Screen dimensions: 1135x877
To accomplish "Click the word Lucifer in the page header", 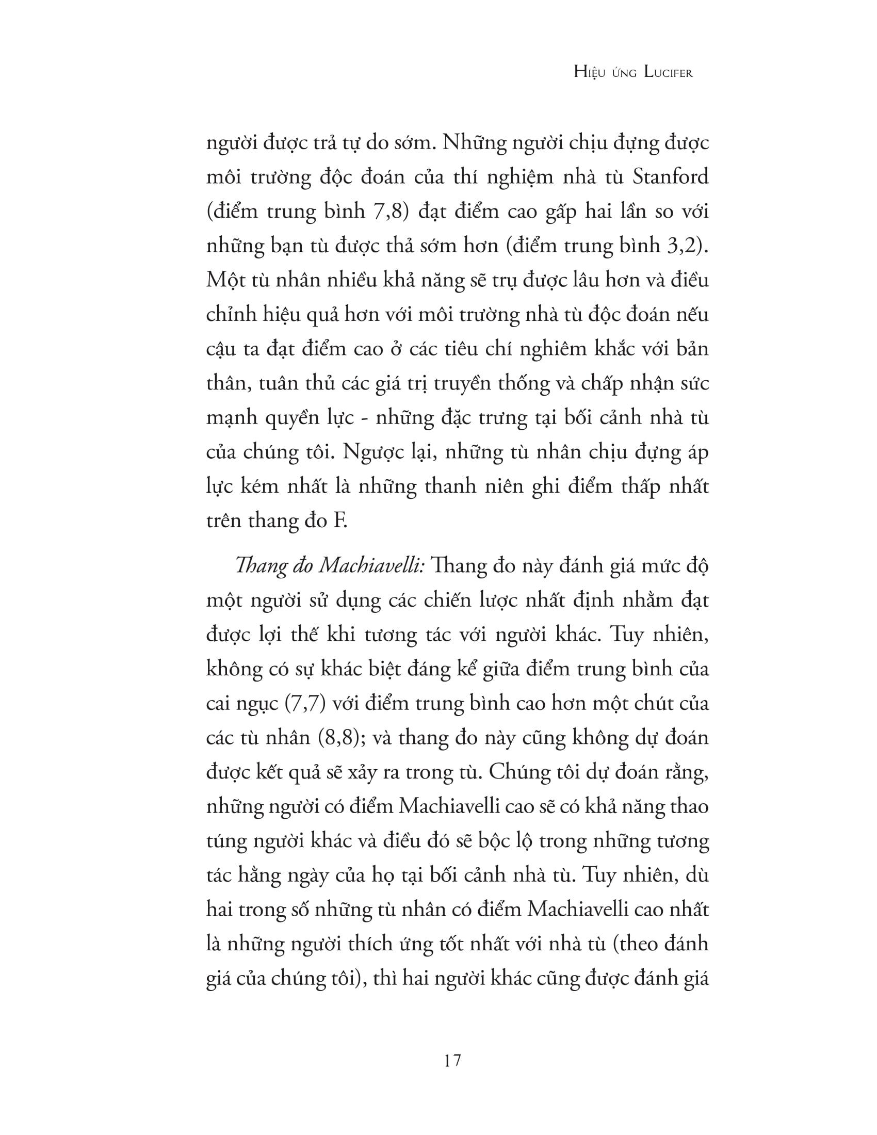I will point(668,73).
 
